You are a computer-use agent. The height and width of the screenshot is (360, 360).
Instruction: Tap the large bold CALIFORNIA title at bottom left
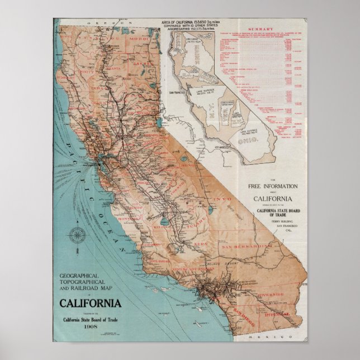click(x=89, y=304)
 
